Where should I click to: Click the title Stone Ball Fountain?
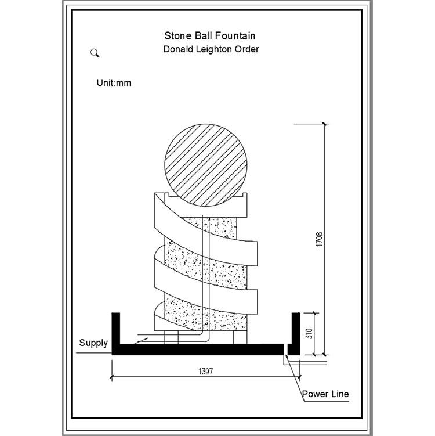click(210, 36)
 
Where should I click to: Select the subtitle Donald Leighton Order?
click(211, 49)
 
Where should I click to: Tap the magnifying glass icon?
click(95, 53)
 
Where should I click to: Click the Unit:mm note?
click(114, 83)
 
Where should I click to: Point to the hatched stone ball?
click(206, 165)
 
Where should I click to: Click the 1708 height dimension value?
click(320, 239)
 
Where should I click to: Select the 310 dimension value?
click(309, 334)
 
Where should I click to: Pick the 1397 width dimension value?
click(206, 371)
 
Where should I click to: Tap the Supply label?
click(93, 343)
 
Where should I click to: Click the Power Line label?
click(325, 394)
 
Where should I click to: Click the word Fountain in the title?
click(235, 36)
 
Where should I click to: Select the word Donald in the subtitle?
click(178, 49)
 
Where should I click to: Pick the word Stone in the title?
click(178, 36)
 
